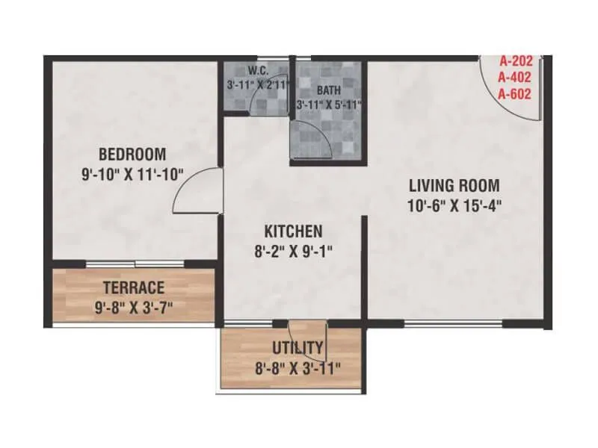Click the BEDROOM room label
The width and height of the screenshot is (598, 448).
[x=132, y=155]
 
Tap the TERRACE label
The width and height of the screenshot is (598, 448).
[x=133, y=287]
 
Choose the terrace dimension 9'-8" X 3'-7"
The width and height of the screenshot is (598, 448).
[x=133, y=306]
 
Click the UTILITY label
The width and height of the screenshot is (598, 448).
[x=298, y=347]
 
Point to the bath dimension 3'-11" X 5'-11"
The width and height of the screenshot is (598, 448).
[x=329, y=105]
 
